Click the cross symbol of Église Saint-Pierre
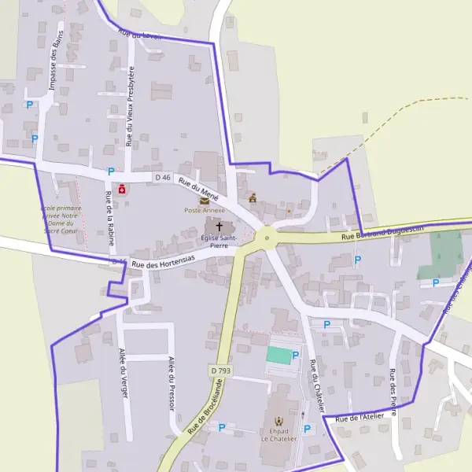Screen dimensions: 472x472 (219, 227)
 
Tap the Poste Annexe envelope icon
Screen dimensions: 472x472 (205, 201)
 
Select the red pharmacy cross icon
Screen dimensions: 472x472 (122, 190)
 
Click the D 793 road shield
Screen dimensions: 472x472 (220, 370)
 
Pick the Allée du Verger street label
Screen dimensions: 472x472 (123, 371)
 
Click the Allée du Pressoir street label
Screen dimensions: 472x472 (171, 382)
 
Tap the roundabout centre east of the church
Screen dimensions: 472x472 (267, 236)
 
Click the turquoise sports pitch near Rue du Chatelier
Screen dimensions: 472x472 (278, 355)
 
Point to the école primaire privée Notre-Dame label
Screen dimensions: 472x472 (61, 219)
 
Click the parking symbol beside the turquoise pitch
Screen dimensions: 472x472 (296, 356)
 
